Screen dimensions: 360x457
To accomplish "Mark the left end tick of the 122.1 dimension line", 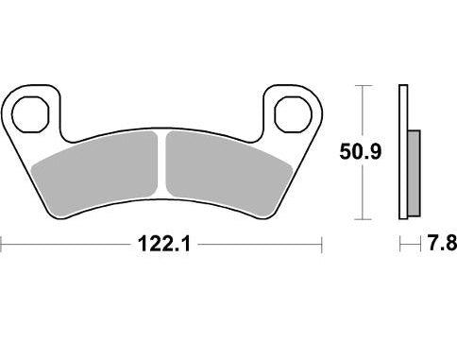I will (x=2, y=246).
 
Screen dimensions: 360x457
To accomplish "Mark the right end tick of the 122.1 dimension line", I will (x=322, y=246).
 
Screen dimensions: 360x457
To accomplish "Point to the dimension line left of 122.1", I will (x=66, y=246).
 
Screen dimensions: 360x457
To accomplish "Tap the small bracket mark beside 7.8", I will (x=408, y=246).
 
